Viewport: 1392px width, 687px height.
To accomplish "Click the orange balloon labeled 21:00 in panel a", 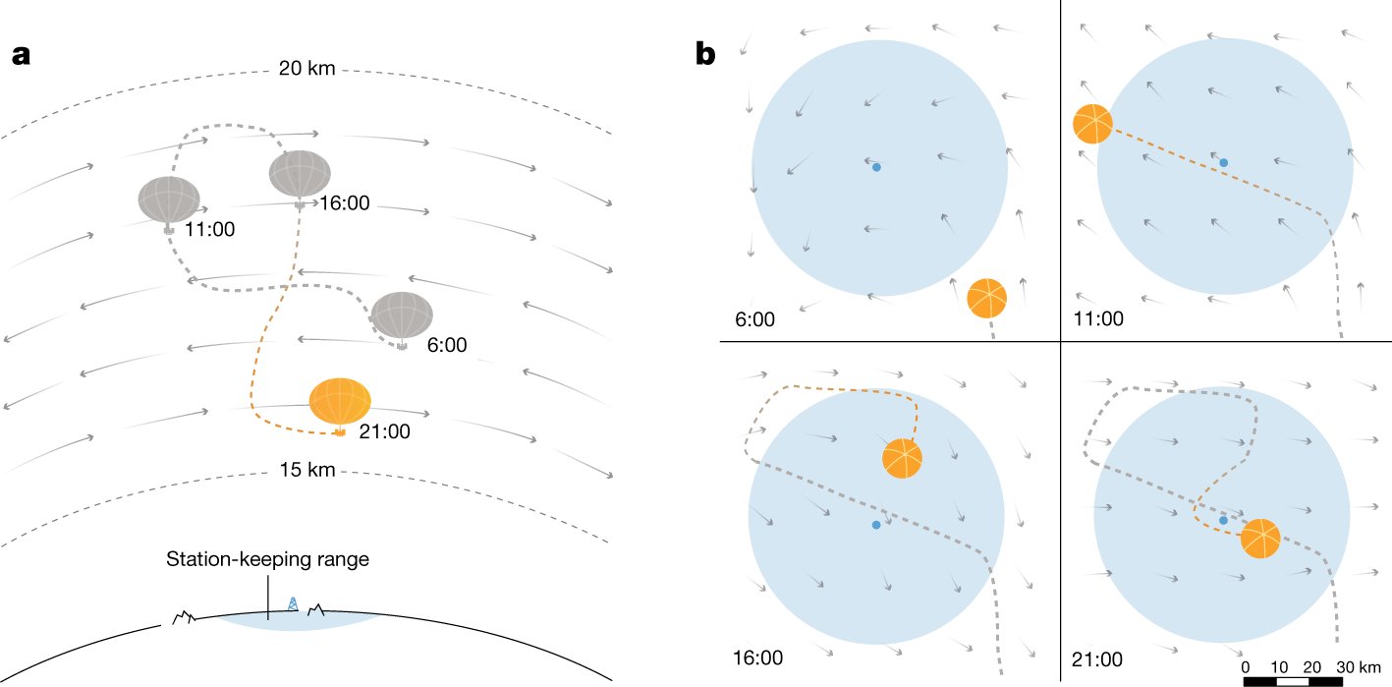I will click(340, 401).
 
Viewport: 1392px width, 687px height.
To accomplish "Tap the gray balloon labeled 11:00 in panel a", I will click(169, 200).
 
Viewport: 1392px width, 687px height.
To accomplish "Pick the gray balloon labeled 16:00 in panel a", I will click(300, 175).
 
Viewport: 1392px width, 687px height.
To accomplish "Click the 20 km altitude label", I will click(307, 69).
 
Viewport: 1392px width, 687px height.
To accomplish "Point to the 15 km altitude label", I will click(307, 471).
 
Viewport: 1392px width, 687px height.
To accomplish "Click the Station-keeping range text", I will click(267, 560).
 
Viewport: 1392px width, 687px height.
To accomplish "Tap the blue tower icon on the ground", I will click(292, 602).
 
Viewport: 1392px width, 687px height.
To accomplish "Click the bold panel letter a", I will click(22, 55).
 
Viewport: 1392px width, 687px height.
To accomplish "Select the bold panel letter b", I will click(705, 55).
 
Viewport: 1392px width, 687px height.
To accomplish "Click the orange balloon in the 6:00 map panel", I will click(987, 298).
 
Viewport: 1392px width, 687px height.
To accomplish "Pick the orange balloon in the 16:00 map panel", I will click(903, 459).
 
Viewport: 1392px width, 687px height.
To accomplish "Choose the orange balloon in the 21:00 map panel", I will click(1260, 538).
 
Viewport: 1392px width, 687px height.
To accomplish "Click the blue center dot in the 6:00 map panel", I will click(876, 167).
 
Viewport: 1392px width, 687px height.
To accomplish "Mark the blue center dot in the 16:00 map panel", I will click(876, 525).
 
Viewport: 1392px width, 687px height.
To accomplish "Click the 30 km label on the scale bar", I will click(1358, 666).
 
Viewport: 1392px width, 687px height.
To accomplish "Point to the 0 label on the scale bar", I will click(1245, 666).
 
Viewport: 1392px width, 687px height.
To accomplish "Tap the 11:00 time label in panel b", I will click(1098, 318).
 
